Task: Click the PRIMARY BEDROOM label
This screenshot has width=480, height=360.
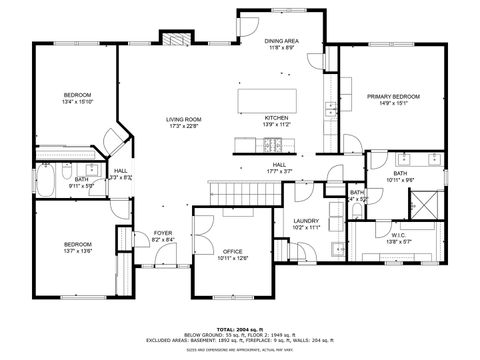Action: pyautogui.click(x=392, y=96)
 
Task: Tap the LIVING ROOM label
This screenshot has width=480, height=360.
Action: pyautogui.click(x=183, y=119)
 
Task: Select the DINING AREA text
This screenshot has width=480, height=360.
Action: pyautogui.click(x=280, y=42)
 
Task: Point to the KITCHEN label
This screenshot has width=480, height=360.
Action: pyautogui.click(x=277, y=117)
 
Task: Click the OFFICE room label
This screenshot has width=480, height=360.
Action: pyautogui.click(x=232, y=251)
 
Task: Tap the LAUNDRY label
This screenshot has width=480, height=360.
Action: pyautogui.click(x=305, y=221)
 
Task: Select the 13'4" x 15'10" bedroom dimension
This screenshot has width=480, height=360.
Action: pyautogui.click(x=77, y=102)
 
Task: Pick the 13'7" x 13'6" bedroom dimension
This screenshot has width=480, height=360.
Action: pyautogui.click(x=78, y=251)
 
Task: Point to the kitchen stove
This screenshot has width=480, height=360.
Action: pyautogui.click(x=270, y=146)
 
